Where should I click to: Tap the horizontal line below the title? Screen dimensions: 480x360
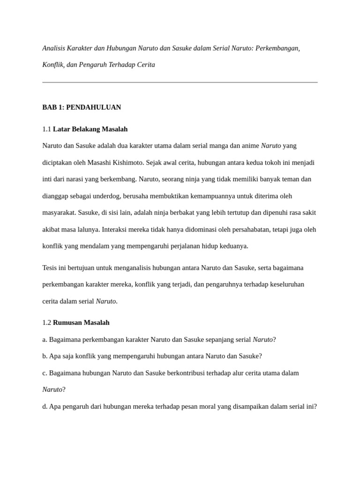coord(180,82)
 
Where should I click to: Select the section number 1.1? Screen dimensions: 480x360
coord(46,129)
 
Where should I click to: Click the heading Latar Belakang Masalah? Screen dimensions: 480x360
coord(90,129)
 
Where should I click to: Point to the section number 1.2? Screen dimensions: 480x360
coord(46,322)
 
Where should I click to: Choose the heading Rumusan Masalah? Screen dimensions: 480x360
coord(81,322)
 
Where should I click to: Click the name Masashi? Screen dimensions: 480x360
coord(110,163)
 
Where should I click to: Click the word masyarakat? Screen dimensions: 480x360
coord(59,213)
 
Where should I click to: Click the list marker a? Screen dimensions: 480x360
coord(44,339)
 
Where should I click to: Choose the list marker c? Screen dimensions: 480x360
coord(44,373)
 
